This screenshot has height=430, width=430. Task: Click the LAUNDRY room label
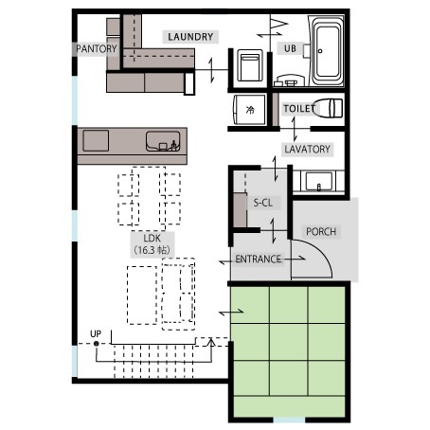pos(190,37)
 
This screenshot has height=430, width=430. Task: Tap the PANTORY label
pos(97,49)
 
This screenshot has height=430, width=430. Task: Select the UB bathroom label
pos(290,48)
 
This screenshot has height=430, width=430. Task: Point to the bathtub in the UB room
pos(328,51)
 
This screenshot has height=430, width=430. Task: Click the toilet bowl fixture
pos(329,108)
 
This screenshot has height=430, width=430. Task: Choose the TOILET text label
pos(299,109)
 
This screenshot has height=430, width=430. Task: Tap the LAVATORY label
pos(307,149)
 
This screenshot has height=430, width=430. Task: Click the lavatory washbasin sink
pos(318,181)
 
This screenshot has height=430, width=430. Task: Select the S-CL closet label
pos(263,203)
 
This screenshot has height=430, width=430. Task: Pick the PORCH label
pos(321,232)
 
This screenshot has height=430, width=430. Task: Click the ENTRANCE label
pos(258,260)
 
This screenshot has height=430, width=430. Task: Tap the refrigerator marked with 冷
pos(249,110)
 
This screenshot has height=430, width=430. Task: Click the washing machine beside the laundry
pos(250,67)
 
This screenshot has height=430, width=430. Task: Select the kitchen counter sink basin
pos(163,141)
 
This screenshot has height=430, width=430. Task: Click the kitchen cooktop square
pos(96,140)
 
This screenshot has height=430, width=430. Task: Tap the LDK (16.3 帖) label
pos(152,244)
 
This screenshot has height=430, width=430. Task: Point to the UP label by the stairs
pos(96,333)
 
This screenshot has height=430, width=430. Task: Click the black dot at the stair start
pos(97,344)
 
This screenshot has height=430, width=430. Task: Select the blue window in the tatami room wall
pos(289,420)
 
